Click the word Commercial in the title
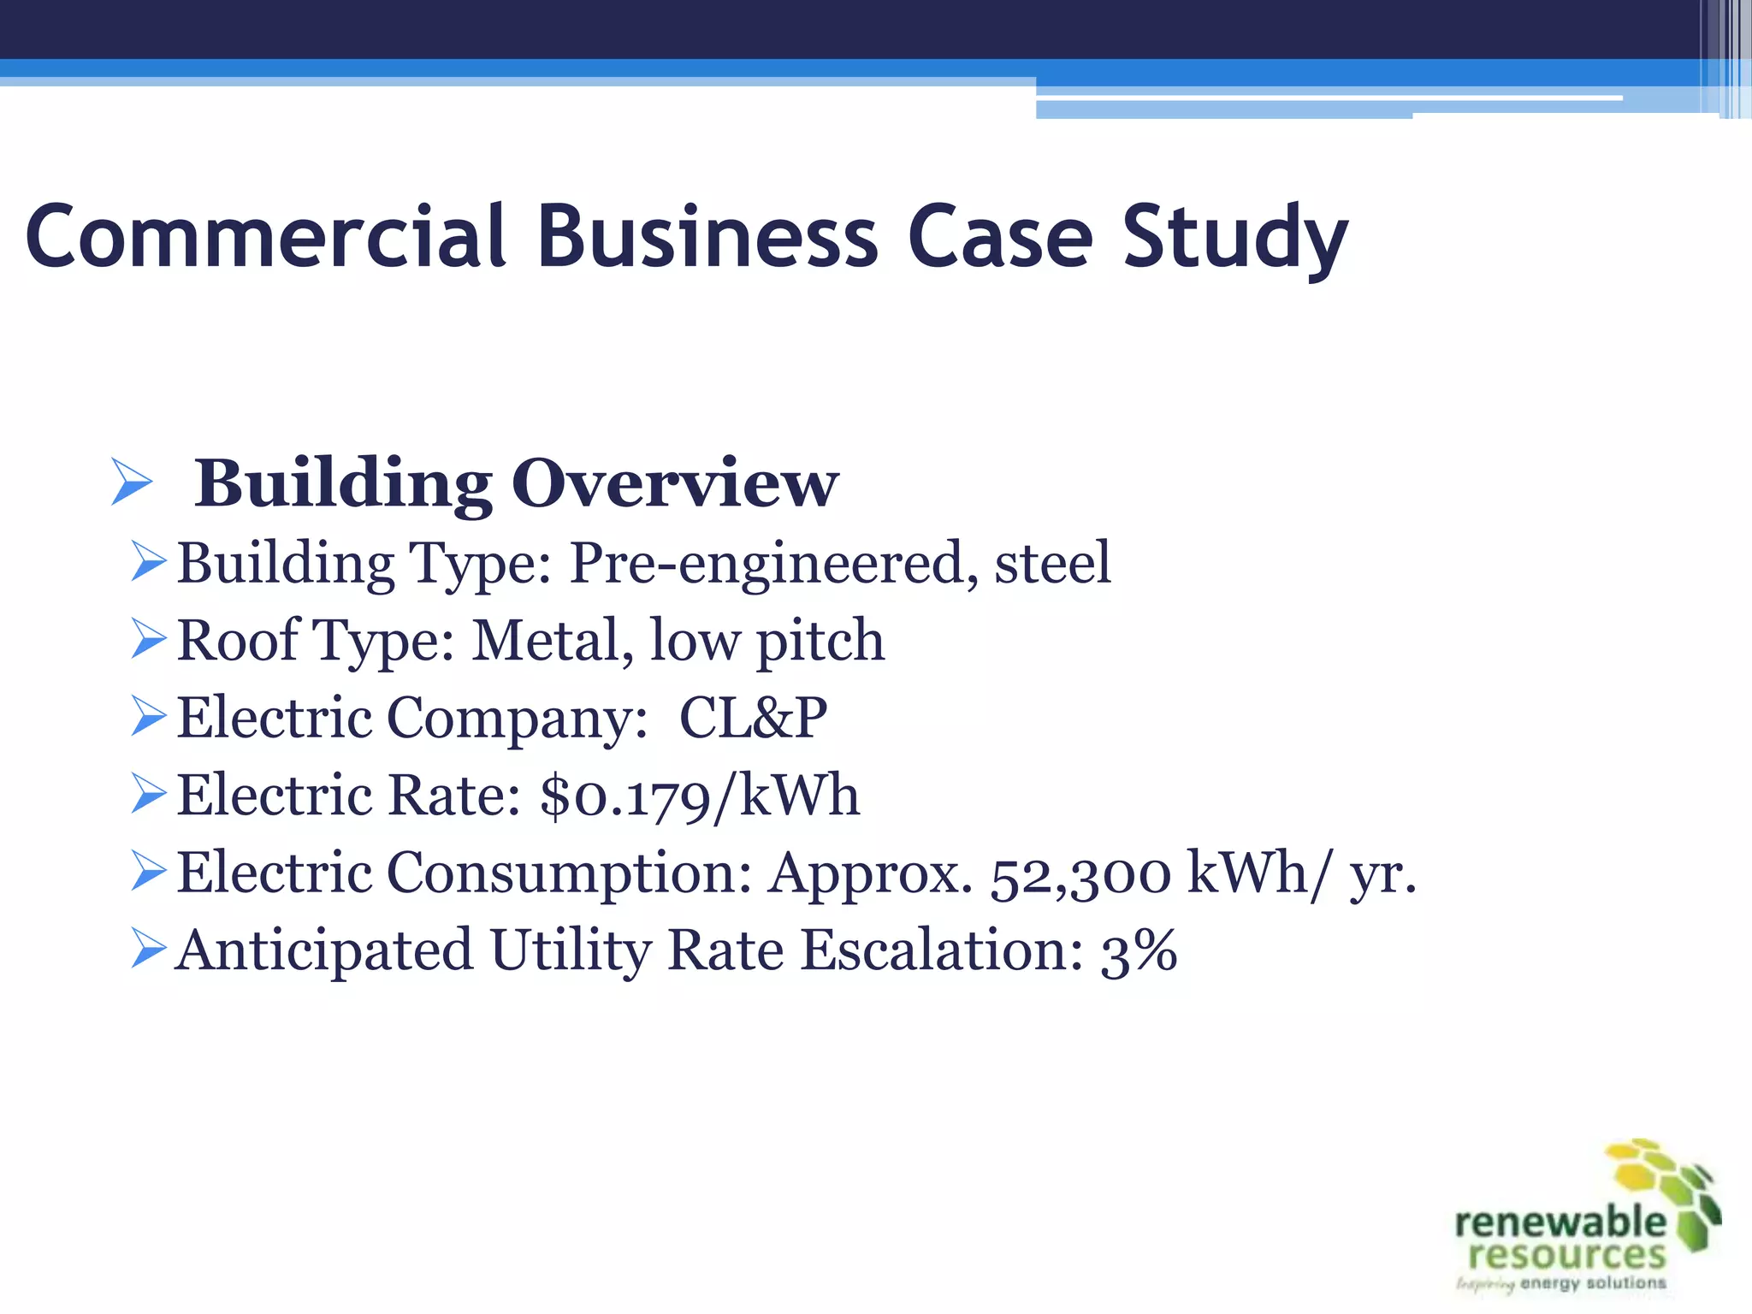pos(265,236)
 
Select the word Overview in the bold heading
pos(675,483)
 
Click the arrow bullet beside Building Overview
pos(132,482)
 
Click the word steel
pos(1052,564)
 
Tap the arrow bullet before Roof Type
pos(149,639)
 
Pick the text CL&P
pos(753,718)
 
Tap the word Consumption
pos(569,873)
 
